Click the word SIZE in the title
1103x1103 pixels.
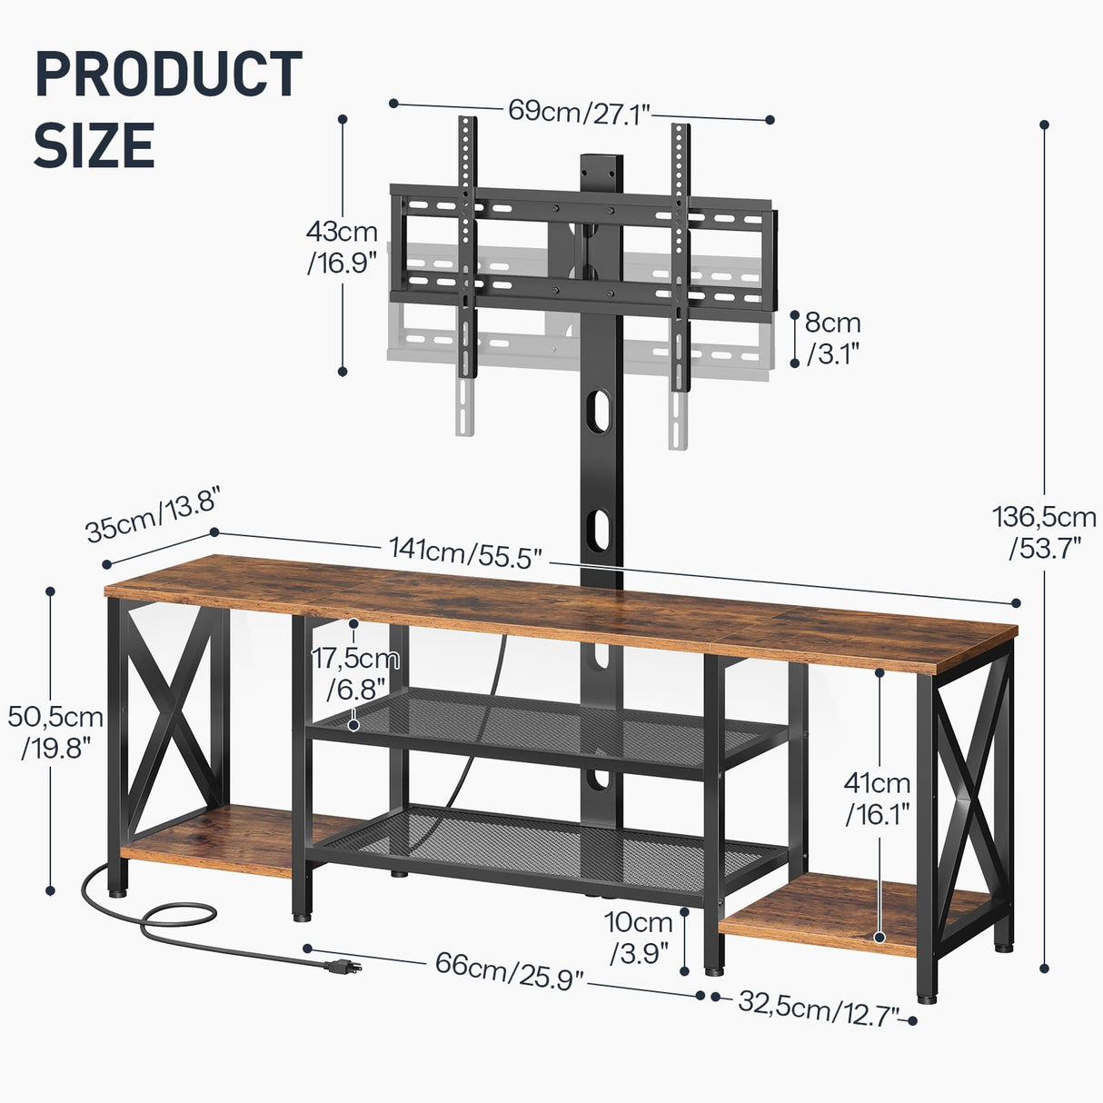click(94, 145)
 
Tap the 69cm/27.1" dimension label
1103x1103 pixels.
click(579, 112)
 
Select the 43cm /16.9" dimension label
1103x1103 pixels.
click(342, 246)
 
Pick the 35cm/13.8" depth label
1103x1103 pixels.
click(154, 518)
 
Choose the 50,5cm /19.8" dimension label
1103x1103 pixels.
click(55, 732)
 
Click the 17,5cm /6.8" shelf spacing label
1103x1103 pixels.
click(355, 673)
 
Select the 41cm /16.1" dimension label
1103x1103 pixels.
click(877, 799)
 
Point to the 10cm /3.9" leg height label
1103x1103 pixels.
click(640, 938)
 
